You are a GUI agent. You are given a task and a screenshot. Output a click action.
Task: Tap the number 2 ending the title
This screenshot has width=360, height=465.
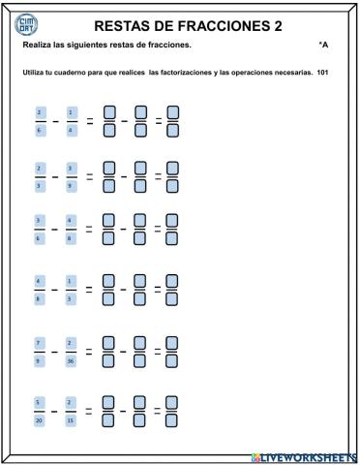pyautogui.click(x=278, y=26)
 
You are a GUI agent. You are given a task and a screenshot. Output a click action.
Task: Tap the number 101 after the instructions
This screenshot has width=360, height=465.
pyautogui.click(x=323, y=75)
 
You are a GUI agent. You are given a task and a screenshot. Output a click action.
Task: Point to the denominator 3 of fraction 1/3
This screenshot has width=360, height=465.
pyautogui.click(x=70, y=299)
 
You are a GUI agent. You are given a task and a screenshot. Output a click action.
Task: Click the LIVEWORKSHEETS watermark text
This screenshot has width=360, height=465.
pyautogui.click(x=302, y=456)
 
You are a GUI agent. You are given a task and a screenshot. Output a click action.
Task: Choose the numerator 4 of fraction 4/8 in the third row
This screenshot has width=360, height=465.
pyautogui.click(x=70, y=219)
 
